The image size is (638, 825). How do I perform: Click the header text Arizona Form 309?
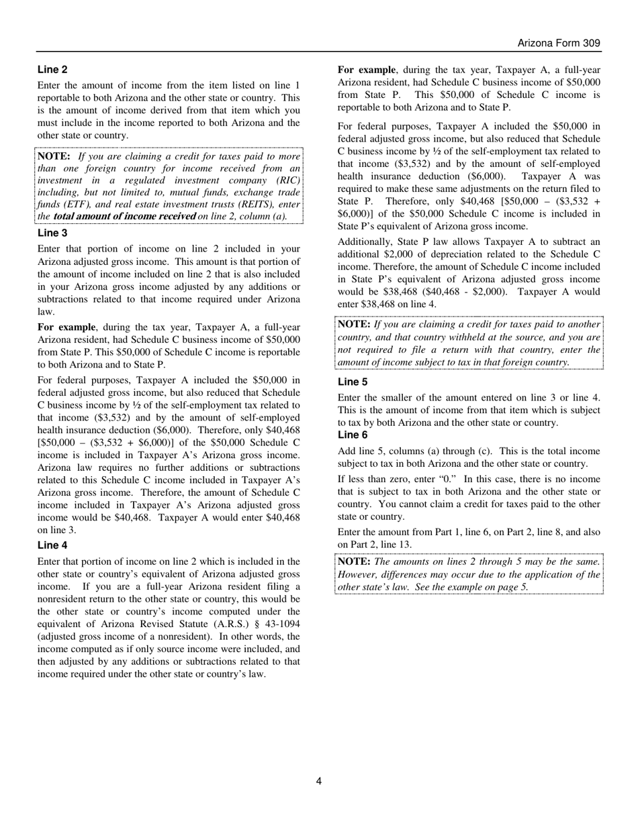click(559, 43)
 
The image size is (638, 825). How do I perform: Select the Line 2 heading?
click(52, 69)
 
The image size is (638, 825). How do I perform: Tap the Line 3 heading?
click(52, 233)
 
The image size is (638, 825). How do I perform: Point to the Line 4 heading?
click(52, 545)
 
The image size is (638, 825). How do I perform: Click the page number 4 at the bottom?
click(318, 781)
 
